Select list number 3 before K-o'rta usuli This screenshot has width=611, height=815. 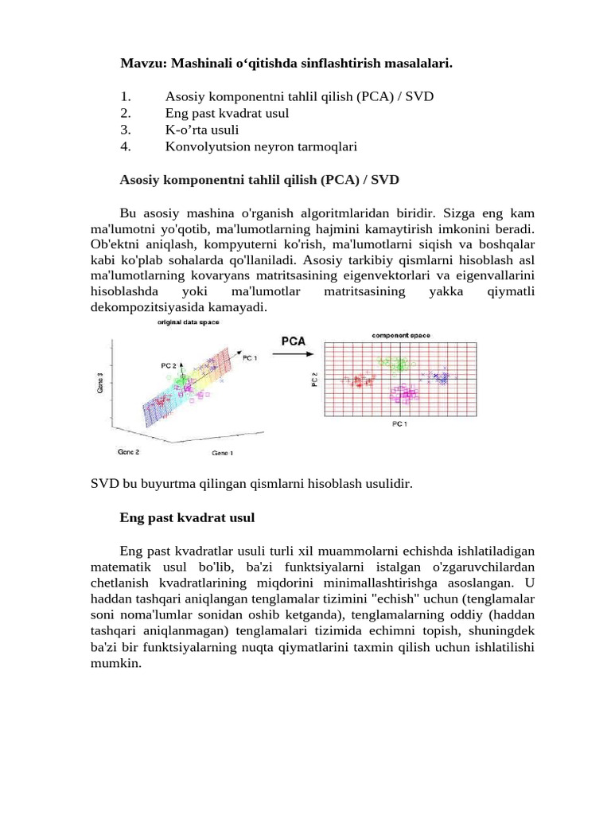[x=125, y=130]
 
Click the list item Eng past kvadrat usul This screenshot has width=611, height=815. [x=227, y=113]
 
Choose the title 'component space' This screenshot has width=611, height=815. [x=401, y=335]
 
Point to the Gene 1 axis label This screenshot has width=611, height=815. [x=223, y=452]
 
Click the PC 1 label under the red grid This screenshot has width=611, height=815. [x=399, y=424]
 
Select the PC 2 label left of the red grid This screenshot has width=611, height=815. [x=313, y=380]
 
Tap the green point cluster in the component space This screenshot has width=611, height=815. [x=393, y=363]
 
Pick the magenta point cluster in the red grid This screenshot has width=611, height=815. [x=405, y=393]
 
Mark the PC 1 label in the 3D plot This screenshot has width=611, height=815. [x=250, y=358]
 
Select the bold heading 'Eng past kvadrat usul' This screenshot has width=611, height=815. [x=187, y=517]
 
